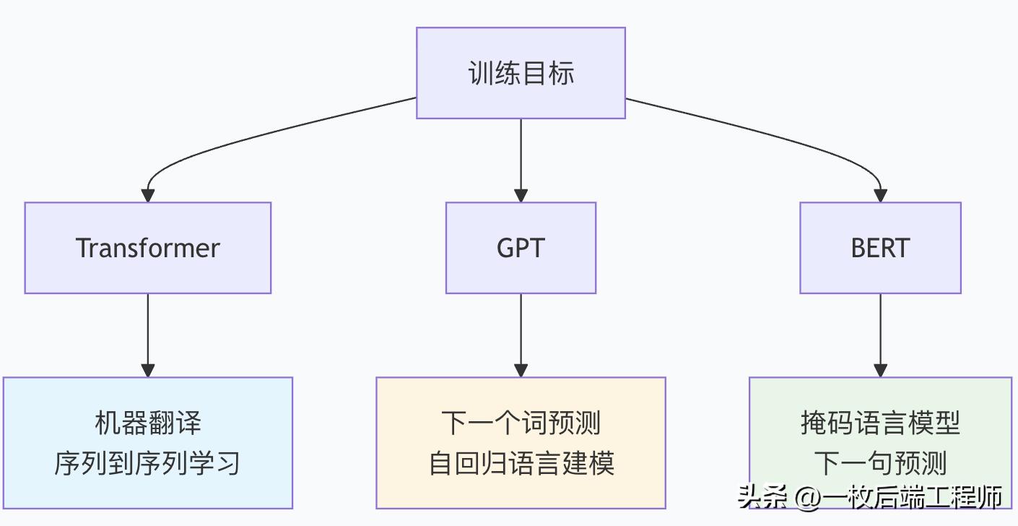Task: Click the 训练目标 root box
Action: [521, 73]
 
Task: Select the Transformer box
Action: [148, 248]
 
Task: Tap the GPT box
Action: [521, 248]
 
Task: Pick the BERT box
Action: [880, 248]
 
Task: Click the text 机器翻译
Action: [148, 423]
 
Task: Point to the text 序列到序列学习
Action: [148, 463]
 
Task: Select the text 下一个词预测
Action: [521, 423]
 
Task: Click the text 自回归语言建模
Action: [521, 463]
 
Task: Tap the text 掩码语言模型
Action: [880, 423]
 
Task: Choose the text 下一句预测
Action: [880, 463]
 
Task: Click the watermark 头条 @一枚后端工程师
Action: [870, 497]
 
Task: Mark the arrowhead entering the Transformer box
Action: [148, 195]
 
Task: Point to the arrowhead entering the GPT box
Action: [521, 195]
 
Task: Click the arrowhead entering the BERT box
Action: [880, 195]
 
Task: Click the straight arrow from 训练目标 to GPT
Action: [521, 155]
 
